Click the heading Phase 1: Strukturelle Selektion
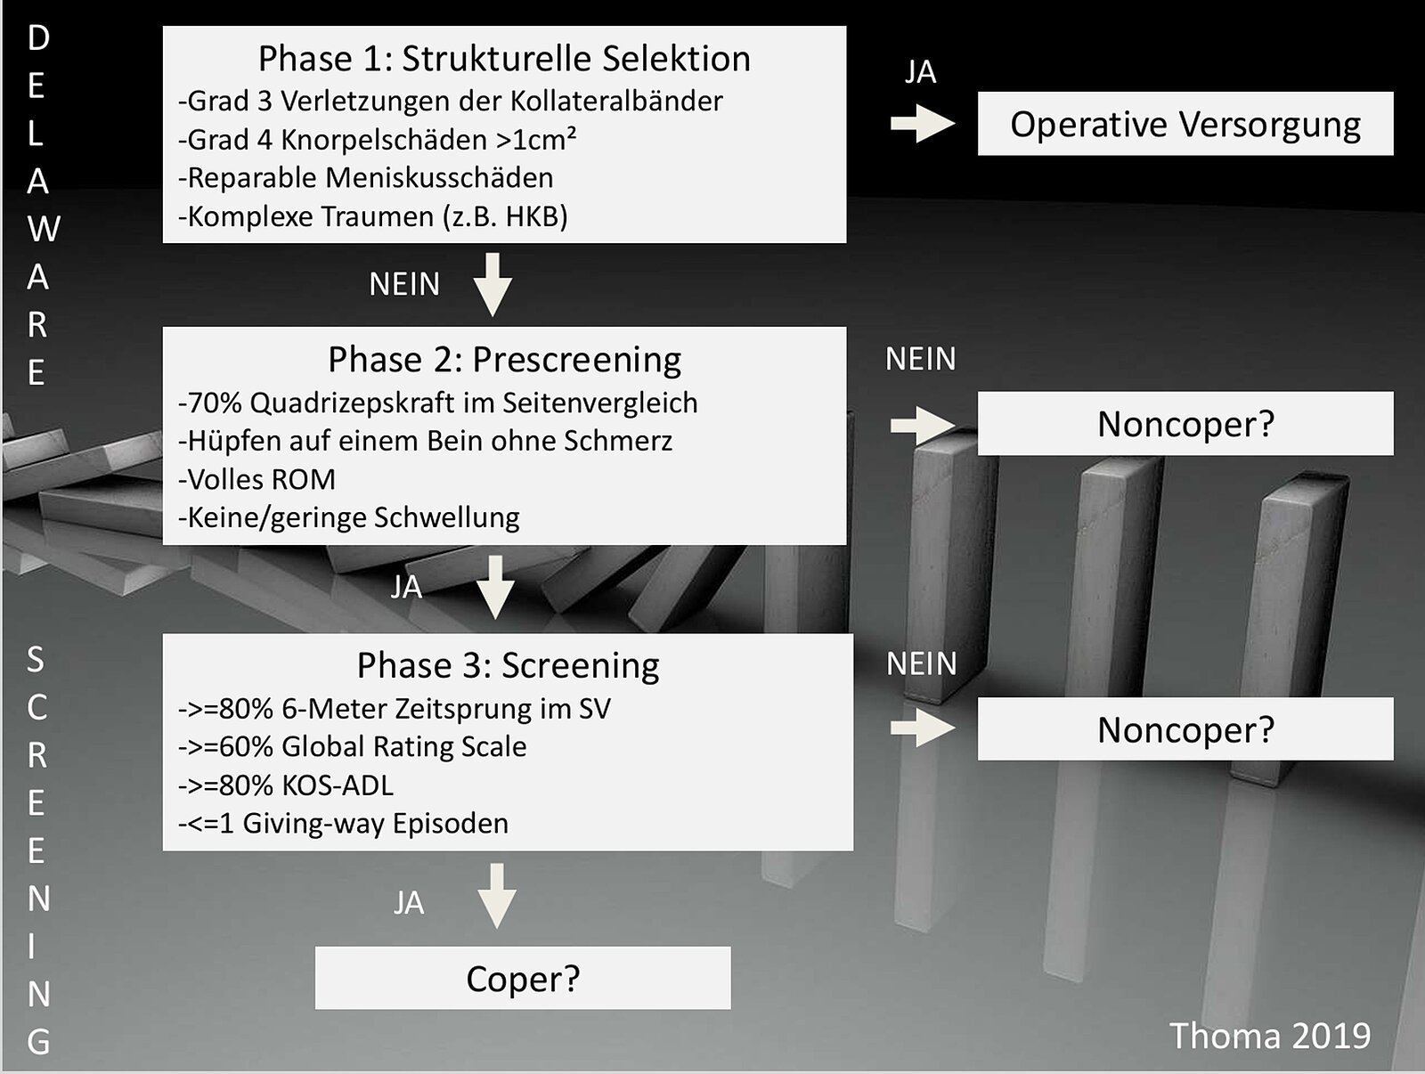(504, 59)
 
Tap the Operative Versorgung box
(1185, 124)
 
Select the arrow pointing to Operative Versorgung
(922, 123)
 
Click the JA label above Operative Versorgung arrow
(920, 72)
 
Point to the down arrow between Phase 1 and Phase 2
(493, 284)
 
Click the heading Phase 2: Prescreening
(504, 360)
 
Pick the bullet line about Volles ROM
(257, 479)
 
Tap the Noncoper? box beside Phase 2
(1185, 424)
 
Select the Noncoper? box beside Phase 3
(1185, 729)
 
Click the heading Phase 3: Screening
(508, 665)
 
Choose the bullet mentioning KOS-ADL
(286, 785)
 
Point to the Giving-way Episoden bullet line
(344, 823)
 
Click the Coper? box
(523, 978)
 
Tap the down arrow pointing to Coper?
(497, 895)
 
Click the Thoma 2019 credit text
(1269, 1036)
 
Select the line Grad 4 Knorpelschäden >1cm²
(378, 140)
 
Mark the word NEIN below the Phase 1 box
(404, 284)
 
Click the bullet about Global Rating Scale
(353, 746)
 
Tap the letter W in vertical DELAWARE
(41, 229)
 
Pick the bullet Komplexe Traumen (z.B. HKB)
(373, 216)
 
